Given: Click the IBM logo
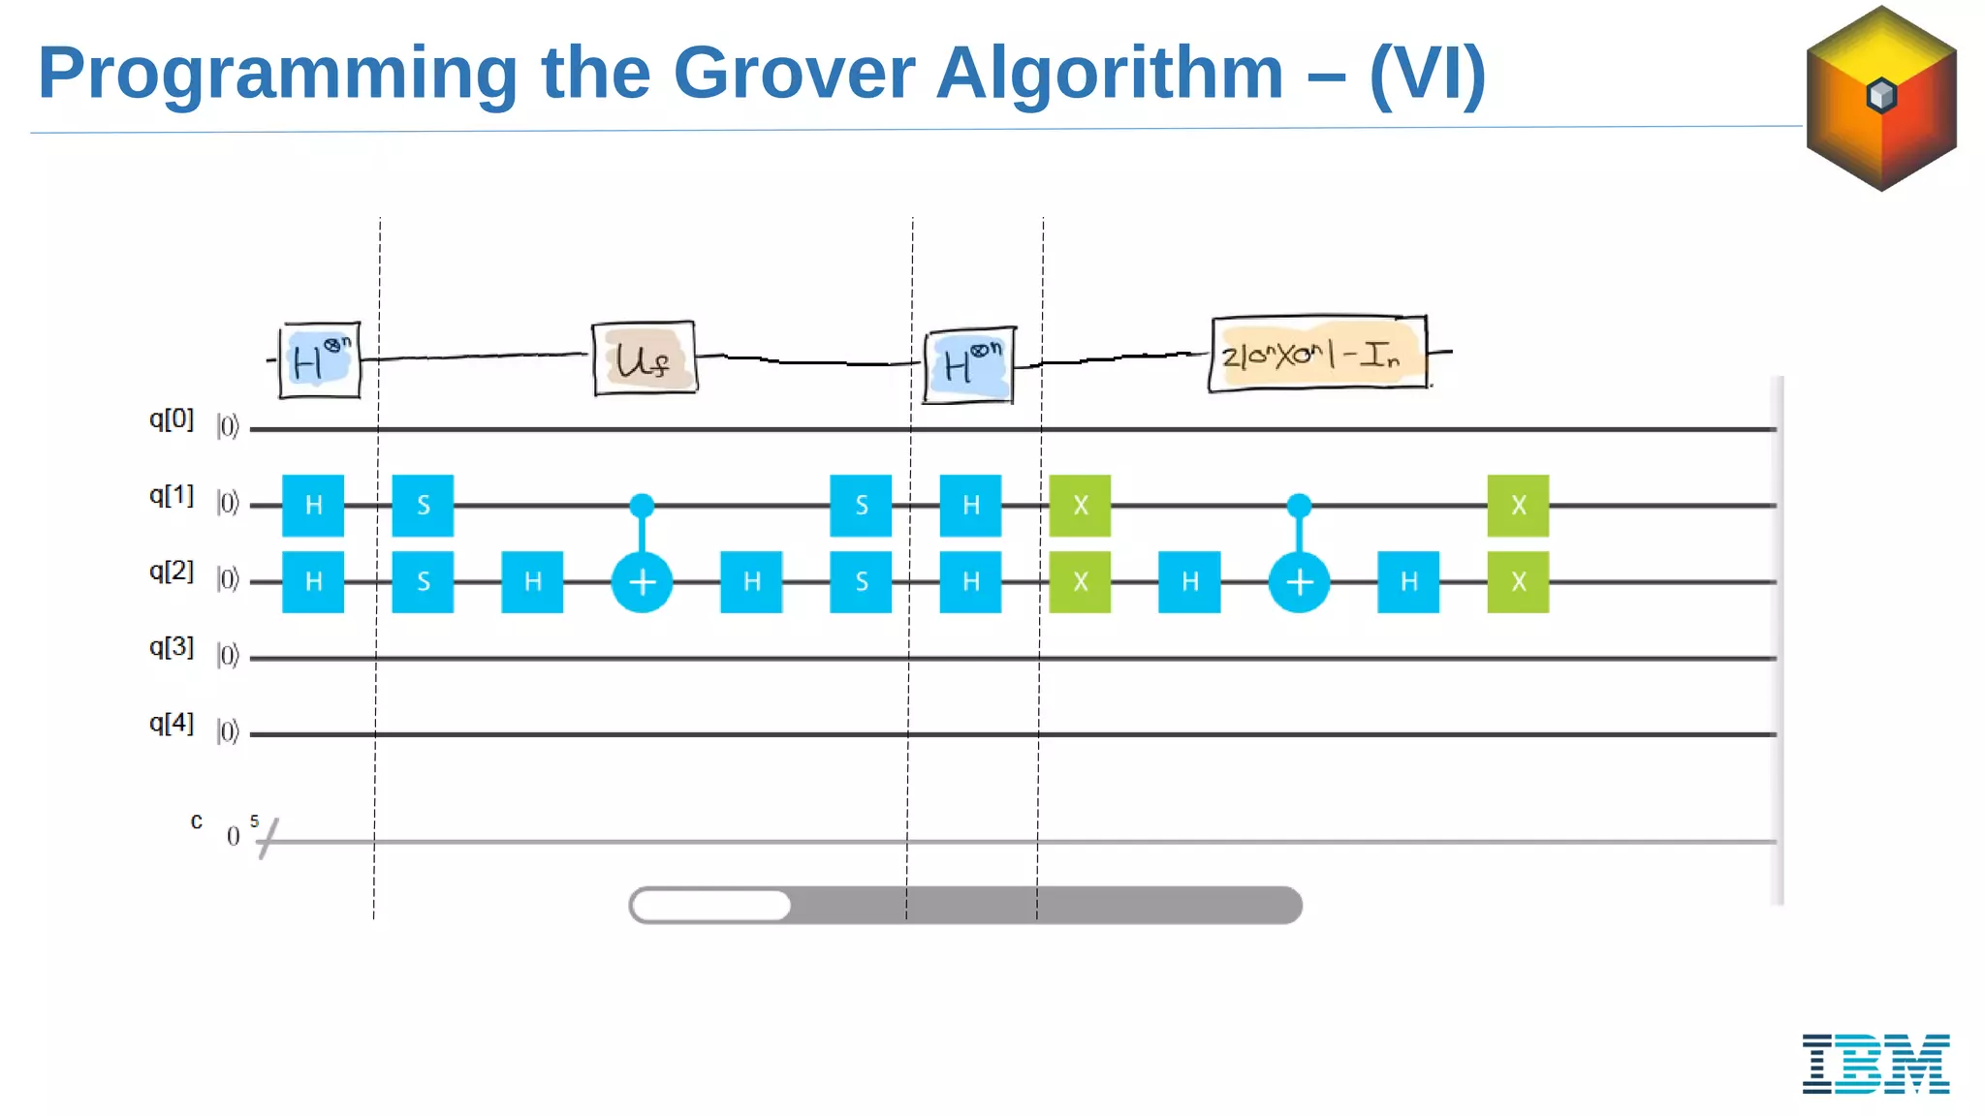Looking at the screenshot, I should tap(1875, 1063).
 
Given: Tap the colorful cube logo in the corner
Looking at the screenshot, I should tap(1881, 98).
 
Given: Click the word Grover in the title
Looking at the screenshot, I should tap(793, 73).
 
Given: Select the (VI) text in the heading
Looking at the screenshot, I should tap(1427, 73).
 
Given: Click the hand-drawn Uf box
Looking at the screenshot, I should tap(645, 359).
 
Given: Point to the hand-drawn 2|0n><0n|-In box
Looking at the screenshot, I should tap(1317, 355).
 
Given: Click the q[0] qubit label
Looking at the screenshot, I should tap(171, 419).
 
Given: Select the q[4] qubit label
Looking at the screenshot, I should tap(171, 724).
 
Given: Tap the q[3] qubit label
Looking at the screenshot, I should tap(171, 647).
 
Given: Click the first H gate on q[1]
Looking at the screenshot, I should tap(313, 506).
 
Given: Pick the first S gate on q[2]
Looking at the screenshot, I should tap(423, 582).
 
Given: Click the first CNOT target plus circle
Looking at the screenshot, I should tap(642, 582).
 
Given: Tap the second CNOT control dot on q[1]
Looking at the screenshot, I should tap(1299, 505).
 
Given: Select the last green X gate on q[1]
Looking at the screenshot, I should tap(1518, 506).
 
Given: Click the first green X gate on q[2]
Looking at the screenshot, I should tap(1080, 582).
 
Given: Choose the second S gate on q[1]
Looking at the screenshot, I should tap(861, 506).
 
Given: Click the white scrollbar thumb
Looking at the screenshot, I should tap(711, 906).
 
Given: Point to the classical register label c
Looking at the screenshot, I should tap(197, 821).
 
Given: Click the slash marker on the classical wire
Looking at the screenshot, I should tap(268, 839).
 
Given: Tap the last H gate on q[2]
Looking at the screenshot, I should tap(1408, 582).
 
